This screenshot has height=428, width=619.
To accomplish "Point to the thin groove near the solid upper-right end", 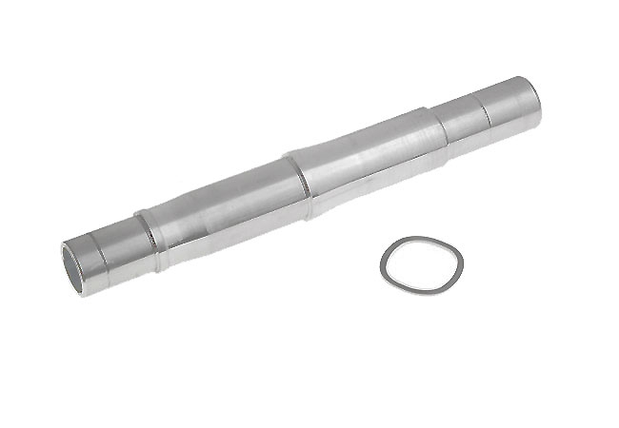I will coord(485,108).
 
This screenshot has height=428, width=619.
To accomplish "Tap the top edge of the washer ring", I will coord(420,239).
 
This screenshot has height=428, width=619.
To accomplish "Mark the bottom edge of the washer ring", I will coord(420,290).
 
